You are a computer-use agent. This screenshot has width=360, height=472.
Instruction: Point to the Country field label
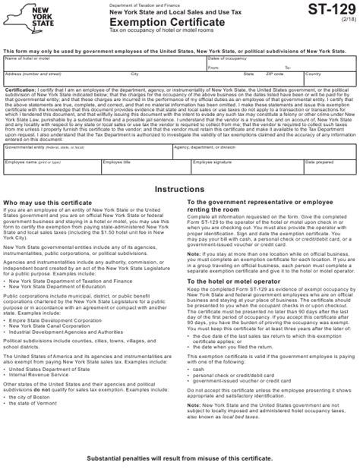pos(313,75)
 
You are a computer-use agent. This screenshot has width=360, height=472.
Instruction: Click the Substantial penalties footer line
pos(179,461)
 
